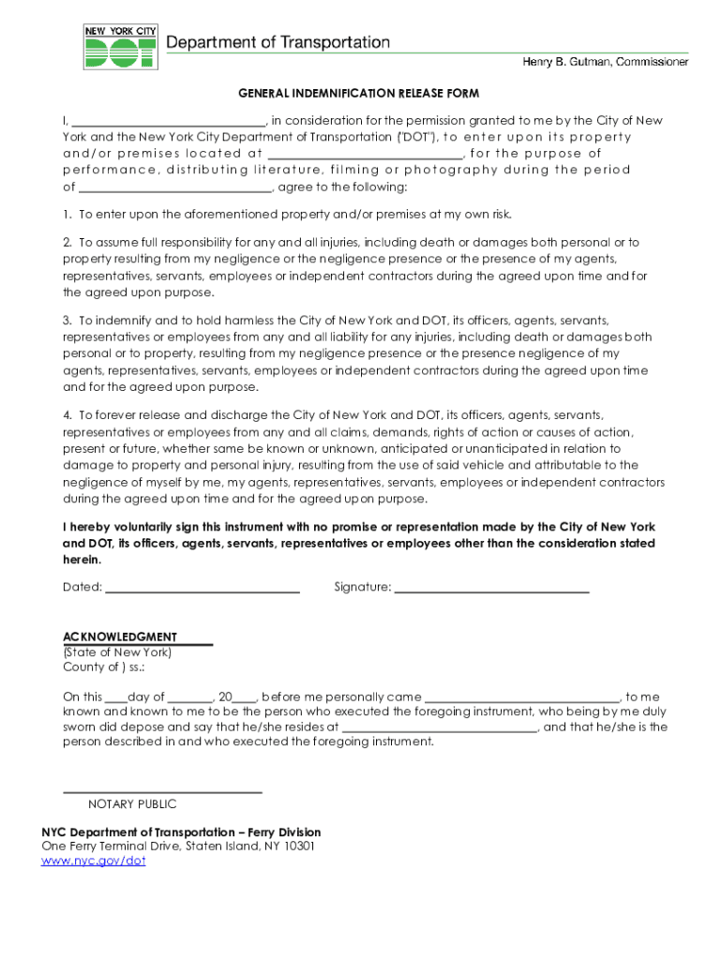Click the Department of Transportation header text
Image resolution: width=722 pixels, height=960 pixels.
278,42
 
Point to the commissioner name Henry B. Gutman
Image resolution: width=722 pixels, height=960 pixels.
605,62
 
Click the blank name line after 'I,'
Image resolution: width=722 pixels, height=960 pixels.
169,122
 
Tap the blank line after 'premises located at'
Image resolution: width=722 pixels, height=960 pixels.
365,155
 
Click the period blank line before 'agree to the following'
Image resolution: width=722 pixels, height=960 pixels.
174,187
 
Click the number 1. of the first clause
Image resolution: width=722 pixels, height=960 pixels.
68,215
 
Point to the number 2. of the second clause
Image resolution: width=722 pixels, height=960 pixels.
68,243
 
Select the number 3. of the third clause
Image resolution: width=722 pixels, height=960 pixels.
68,321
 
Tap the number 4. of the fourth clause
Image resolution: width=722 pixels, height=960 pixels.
68,415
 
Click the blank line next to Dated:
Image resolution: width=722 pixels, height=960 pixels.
203,590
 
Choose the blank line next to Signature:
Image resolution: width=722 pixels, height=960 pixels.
491,590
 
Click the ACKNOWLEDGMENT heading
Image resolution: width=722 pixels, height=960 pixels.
120,637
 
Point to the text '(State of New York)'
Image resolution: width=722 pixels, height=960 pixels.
117,652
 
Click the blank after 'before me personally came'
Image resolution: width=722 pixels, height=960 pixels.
523,698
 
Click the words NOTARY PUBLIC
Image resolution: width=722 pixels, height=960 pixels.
132,804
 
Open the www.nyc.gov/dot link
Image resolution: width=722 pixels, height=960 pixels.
94,861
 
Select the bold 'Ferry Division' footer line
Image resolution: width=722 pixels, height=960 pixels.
181,832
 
